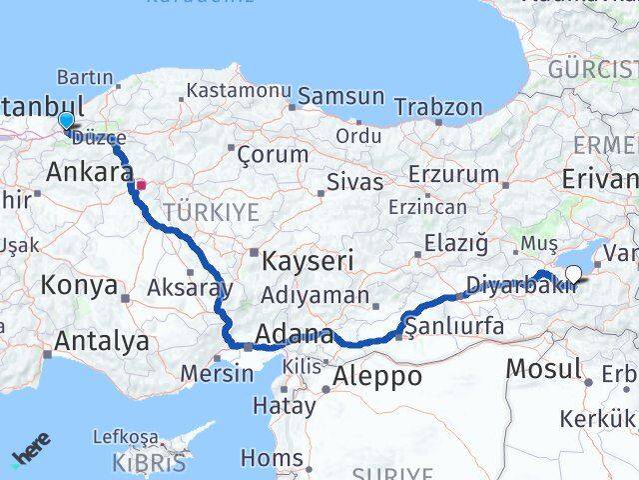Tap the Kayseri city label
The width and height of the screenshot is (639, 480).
[308, 263]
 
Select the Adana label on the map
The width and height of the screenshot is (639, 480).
[294, 334]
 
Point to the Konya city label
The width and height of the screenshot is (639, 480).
[79, 286]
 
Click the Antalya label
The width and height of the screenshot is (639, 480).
[101, 341]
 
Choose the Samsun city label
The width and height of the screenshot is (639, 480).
[340, 97]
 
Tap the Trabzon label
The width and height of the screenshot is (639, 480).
[438, 107]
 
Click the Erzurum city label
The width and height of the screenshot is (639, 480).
[458, 174]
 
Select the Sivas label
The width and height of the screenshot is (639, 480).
[355, 182]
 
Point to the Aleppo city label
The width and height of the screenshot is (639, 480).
[378, 376]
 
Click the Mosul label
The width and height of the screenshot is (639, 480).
[543, 369]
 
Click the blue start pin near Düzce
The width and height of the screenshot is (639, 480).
[66, 121]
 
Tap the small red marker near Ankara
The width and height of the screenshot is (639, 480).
[142, 184]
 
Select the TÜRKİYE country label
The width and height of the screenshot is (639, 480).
[211, 212]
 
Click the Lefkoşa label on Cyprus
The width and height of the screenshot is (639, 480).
[125, 437]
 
